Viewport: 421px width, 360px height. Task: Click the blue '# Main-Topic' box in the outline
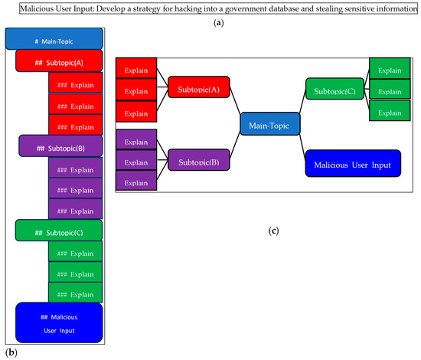point(54,40)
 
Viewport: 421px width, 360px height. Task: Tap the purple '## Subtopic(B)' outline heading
point(60,146)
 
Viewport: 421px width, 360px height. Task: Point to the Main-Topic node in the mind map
point(269,125)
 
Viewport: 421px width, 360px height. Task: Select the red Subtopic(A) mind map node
point(198,89)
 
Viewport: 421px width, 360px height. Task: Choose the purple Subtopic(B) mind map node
point(198,163)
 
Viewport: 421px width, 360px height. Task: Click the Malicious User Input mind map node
point(352,165)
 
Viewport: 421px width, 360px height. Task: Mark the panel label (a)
point(210,24)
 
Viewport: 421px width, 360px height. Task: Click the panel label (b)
point(11,352)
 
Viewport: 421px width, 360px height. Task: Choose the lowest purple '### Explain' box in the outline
point(75,208)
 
